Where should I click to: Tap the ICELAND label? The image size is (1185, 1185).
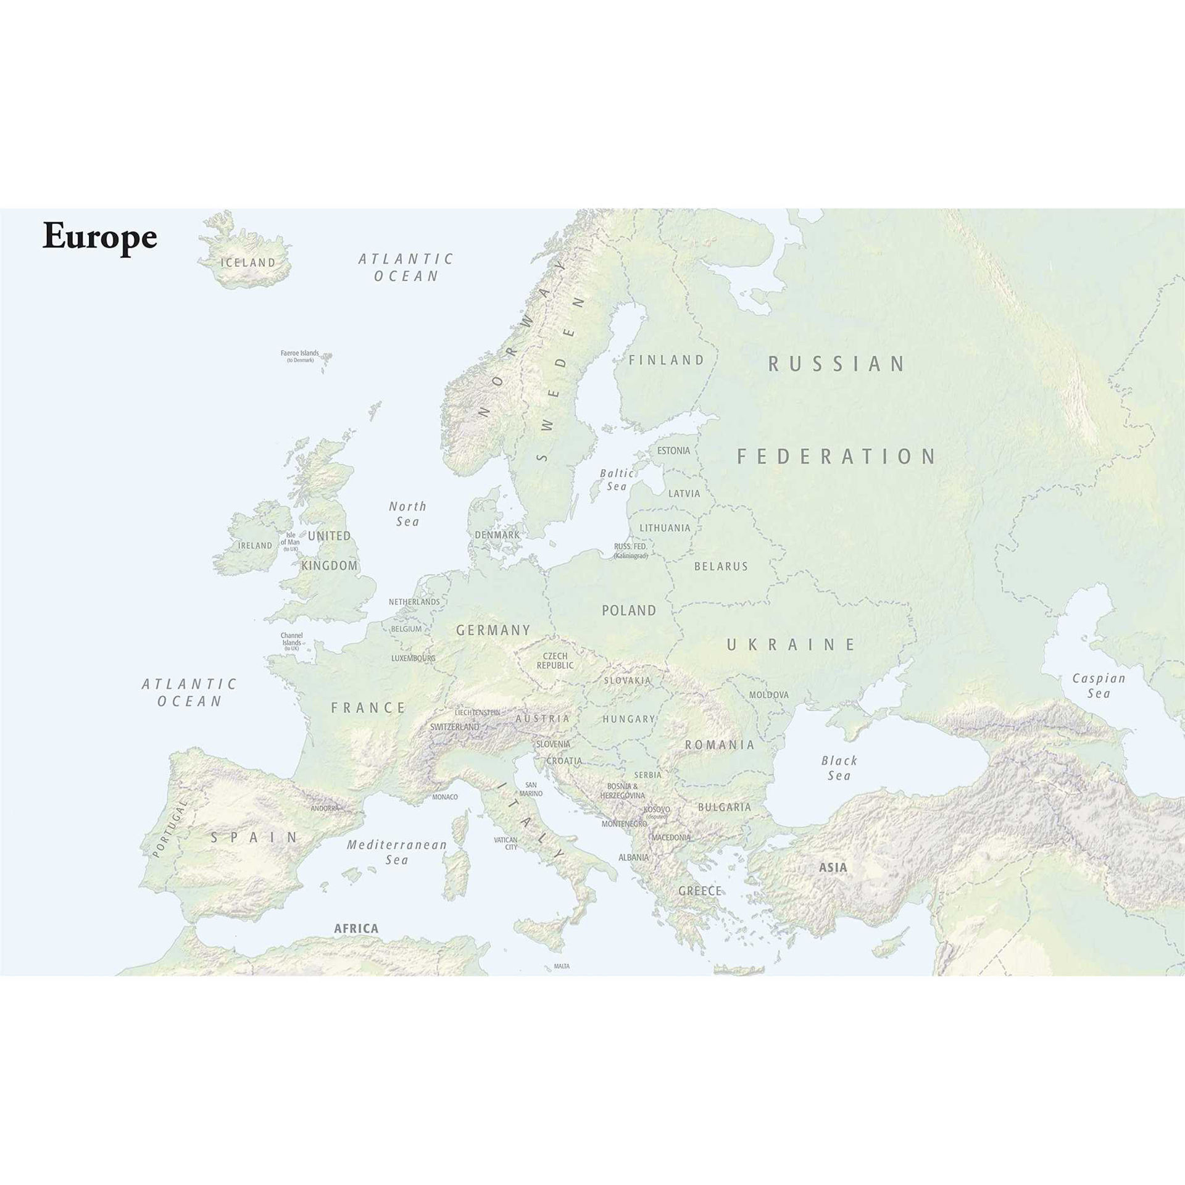248,262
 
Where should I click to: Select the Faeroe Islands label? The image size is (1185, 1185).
300,356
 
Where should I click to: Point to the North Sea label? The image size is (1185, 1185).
407,513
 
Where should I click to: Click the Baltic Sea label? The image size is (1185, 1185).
617,480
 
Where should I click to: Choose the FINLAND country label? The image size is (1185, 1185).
667,360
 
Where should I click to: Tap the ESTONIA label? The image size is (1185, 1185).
673,451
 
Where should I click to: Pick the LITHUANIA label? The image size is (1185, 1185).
665,528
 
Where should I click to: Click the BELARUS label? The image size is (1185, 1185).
721,566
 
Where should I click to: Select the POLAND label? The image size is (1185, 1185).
629,610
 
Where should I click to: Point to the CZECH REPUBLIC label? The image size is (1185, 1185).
555,660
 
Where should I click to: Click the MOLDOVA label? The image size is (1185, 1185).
768,695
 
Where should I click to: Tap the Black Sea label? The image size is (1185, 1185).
839,768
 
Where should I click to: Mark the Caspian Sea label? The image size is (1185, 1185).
1099,686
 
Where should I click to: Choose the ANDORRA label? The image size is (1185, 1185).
325,808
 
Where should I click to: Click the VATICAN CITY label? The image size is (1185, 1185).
511,844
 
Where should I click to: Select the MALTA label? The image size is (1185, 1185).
562,966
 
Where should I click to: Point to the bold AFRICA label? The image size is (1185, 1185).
356,928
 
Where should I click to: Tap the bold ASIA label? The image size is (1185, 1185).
833,867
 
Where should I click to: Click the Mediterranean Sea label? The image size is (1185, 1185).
396,852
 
